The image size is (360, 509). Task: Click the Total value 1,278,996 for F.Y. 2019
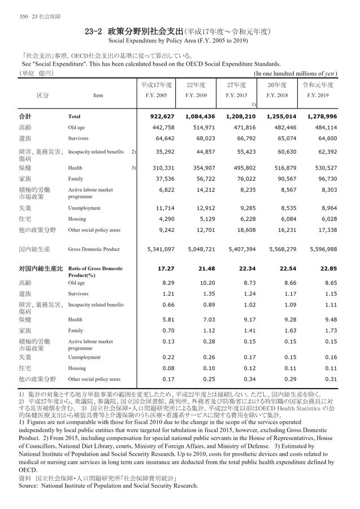321,117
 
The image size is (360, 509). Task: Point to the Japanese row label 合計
25,117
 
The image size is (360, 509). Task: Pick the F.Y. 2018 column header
277,95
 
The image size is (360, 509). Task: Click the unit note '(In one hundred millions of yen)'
296,74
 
